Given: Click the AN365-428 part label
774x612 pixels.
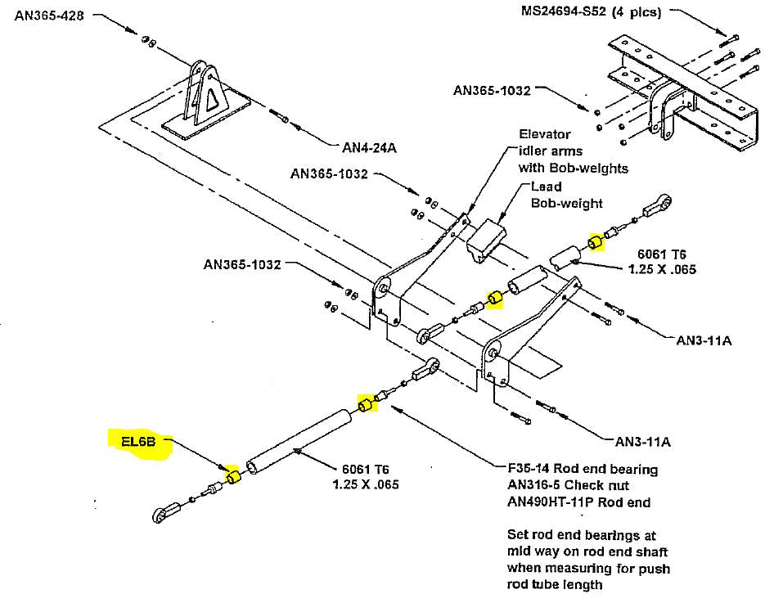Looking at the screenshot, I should pos(48,15).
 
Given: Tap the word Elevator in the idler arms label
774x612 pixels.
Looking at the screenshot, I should pos(545,134).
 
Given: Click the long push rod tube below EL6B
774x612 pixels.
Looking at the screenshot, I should pos(300,438).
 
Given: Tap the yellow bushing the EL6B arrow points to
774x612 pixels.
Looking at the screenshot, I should pos(232,476).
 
